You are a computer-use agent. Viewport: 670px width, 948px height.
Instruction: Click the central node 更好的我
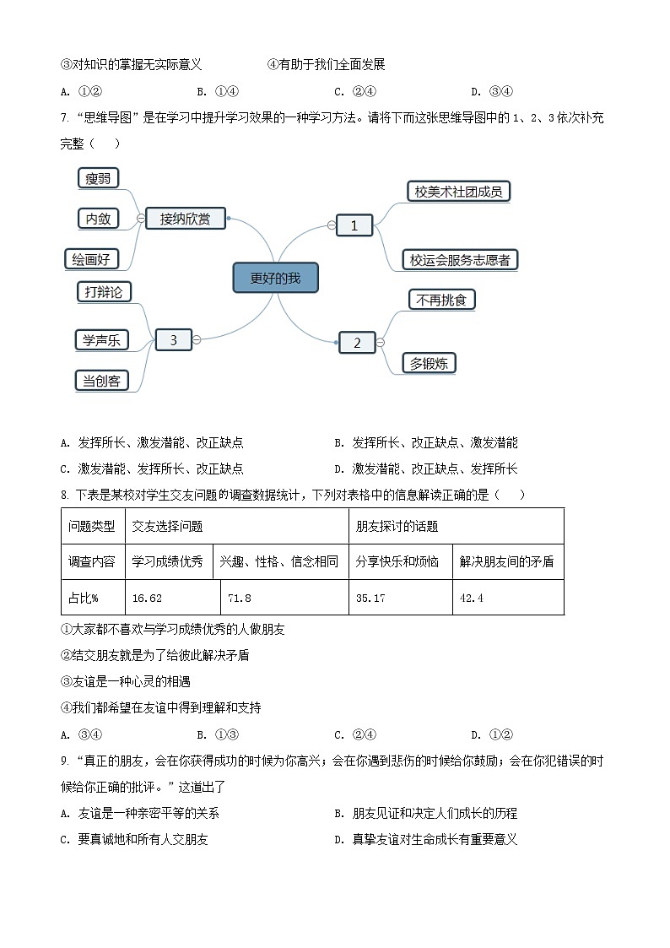pyautogui.click(x=275, y=278)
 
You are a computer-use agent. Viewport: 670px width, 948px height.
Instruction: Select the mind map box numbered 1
pyautogui.click(x=354, y=225)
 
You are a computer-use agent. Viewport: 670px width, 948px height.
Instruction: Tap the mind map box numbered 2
pyautogui.click(x=357, y=342)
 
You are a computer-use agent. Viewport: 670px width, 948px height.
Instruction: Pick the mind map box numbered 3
pyautogui.click(x=174, y=340)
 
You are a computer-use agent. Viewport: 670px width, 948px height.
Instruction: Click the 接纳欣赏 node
pyautogui.click(x=186, y=219)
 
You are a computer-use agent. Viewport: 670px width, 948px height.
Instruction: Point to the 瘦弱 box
pyautogui.click(x=98, y=178)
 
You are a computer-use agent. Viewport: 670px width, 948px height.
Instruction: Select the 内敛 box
pyautogui.click(x=98, y=219)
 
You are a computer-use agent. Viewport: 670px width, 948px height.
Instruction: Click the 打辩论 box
pyautogui.click(x=103, y=291)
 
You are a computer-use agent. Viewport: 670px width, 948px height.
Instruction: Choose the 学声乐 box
pyautogui.click(x=101, y=340)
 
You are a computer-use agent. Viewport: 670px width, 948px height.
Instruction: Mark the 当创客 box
pyautogui.click(x=101, y=381)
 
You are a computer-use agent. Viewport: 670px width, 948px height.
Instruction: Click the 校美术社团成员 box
pyautogui.click(x=458, y=192)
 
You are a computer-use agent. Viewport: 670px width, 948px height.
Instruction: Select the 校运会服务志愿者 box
pyautogui.click(x=460, y=260)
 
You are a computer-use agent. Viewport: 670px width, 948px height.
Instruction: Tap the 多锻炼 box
pyautogui.click(x=429, y=364)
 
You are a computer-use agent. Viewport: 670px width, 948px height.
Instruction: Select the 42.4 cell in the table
pyautogui.click(x=508, y=598)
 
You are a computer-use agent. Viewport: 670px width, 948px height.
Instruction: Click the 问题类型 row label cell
pyautogui.click(x=93, y=526)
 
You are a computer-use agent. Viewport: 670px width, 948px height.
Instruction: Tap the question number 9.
pyautogui.click(x=64, y=761)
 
